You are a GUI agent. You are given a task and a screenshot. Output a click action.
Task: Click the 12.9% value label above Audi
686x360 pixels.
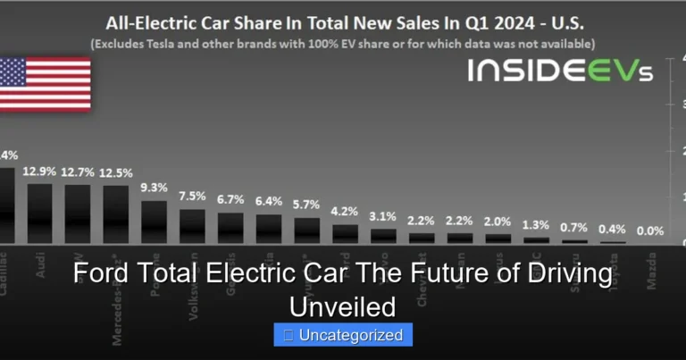40,172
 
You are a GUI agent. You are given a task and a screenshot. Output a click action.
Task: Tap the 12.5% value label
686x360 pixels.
116,173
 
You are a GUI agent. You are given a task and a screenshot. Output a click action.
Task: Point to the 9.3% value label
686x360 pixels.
155,188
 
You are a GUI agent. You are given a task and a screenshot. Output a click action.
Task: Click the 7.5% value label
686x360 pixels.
192,197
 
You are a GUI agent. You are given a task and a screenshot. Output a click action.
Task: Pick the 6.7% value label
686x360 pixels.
230,199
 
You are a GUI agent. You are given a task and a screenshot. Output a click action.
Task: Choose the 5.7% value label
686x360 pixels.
307,205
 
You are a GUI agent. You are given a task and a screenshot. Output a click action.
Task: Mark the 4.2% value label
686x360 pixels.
345,212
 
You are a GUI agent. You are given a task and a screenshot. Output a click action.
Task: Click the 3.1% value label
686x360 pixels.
383,216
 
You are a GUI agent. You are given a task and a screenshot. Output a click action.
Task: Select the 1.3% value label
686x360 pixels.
536,224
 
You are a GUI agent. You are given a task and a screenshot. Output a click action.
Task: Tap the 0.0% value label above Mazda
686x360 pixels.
650,230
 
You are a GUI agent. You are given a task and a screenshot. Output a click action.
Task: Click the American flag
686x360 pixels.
45,84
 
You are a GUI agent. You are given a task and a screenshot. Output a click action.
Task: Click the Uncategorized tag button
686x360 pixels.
343,336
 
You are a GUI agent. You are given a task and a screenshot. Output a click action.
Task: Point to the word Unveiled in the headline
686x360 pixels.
343,306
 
